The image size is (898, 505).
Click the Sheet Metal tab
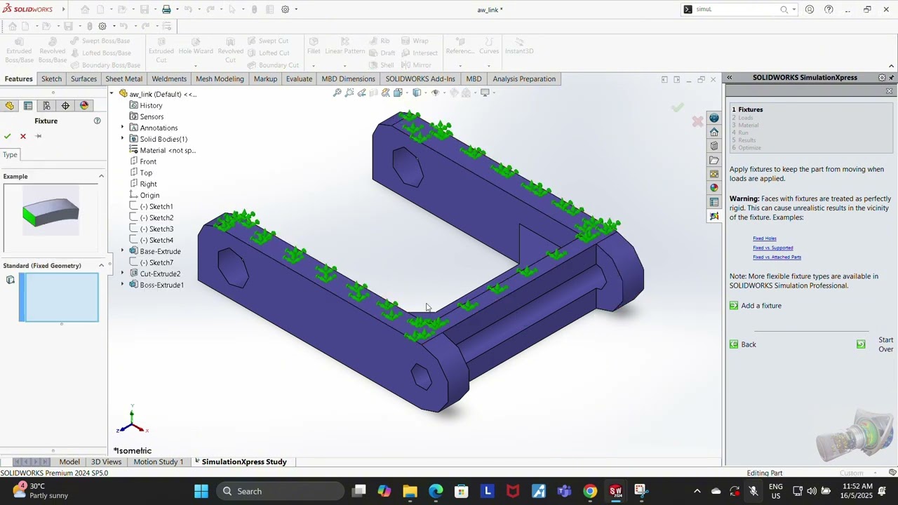click(123, 79)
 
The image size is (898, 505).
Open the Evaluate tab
click(299, 79)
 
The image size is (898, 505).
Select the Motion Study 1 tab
click(158, 462)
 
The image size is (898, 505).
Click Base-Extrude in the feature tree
click(160, 251)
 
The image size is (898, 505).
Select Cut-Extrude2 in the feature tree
click(160, 274)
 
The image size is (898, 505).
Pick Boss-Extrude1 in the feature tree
click(161, 285)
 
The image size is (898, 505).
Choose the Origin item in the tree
click(149, 195)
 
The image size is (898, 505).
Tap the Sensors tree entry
click(152, 116)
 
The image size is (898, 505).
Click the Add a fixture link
click(761, 306)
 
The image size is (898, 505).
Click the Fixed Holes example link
click(765, 238)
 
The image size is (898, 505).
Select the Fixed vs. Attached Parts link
click(777, 257)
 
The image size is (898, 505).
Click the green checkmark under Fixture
click(7, 136)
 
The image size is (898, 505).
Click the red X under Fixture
click(23, 136)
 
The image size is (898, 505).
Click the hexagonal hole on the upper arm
click(407, 166)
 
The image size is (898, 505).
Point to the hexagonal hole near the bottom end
click(422, 377)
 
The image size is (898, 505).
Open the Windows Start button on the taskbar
click(201, 491)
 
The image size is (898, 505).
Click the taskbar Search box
click(281, 491)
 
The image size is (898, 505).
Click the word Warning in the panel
click(744, 198)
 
